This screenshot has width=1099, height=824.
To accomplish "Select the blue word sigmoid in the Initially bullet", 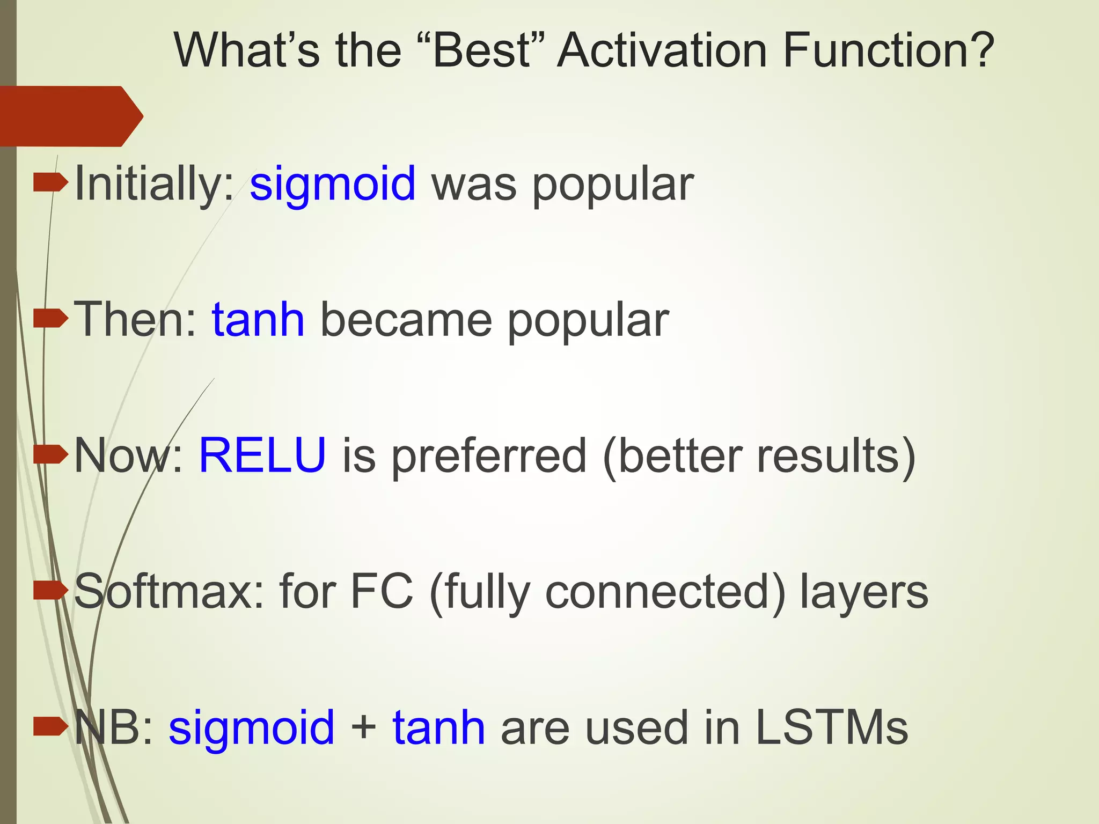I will click(x=333, y=185).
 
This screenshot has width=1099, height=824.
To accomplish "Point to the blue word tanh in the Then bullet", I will click(x=258, y=320).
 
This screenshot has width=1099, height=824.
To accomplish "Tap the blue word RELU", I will click(x=262, y=455).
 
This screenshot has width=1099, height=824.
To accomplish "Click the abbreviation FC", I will click(x=382, y=591).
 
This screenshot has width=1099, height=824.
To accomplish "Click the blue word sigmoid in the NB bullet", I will click(x=252, y=729).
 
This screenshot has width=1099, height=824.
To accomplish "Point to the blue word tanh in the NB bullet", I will click(x=439, y=727).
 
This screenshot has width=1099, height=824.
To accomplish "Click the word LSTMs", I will click(x=831, y=727).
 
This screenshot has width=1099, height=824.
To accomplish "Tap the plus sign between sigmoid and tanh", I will click(x=363, y=729).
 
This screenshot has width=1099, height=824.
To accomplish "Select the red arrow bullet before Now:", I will click(x=50, y=455).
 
